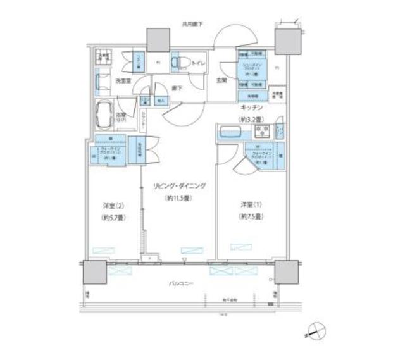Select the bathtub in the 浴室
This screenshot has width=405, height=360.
tap(104, 115)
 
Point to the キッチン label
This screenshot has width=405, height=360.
tap(251, 108)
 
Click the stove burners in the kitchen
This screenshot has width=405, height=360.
tap(261, 132)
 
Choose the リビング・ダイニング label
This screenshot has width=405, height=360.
tap(178, 187)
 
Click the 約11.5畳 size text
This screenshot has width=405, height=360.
tap(178, 198)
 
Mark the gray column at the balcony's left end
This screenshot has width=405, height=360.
tap(94, 273)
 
